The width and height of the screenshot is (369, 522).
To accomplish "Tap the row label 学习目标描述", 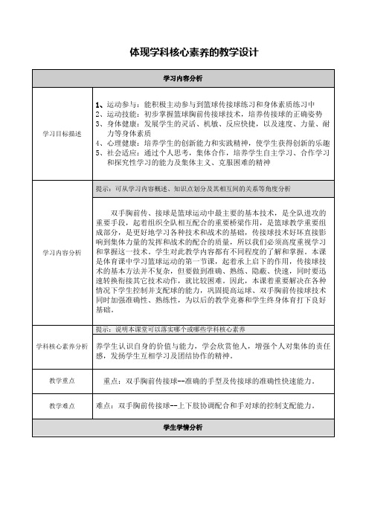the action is pos(62,133).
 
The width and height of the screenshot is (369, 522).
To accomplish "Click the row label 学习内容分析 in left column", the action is pos(62,252).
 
